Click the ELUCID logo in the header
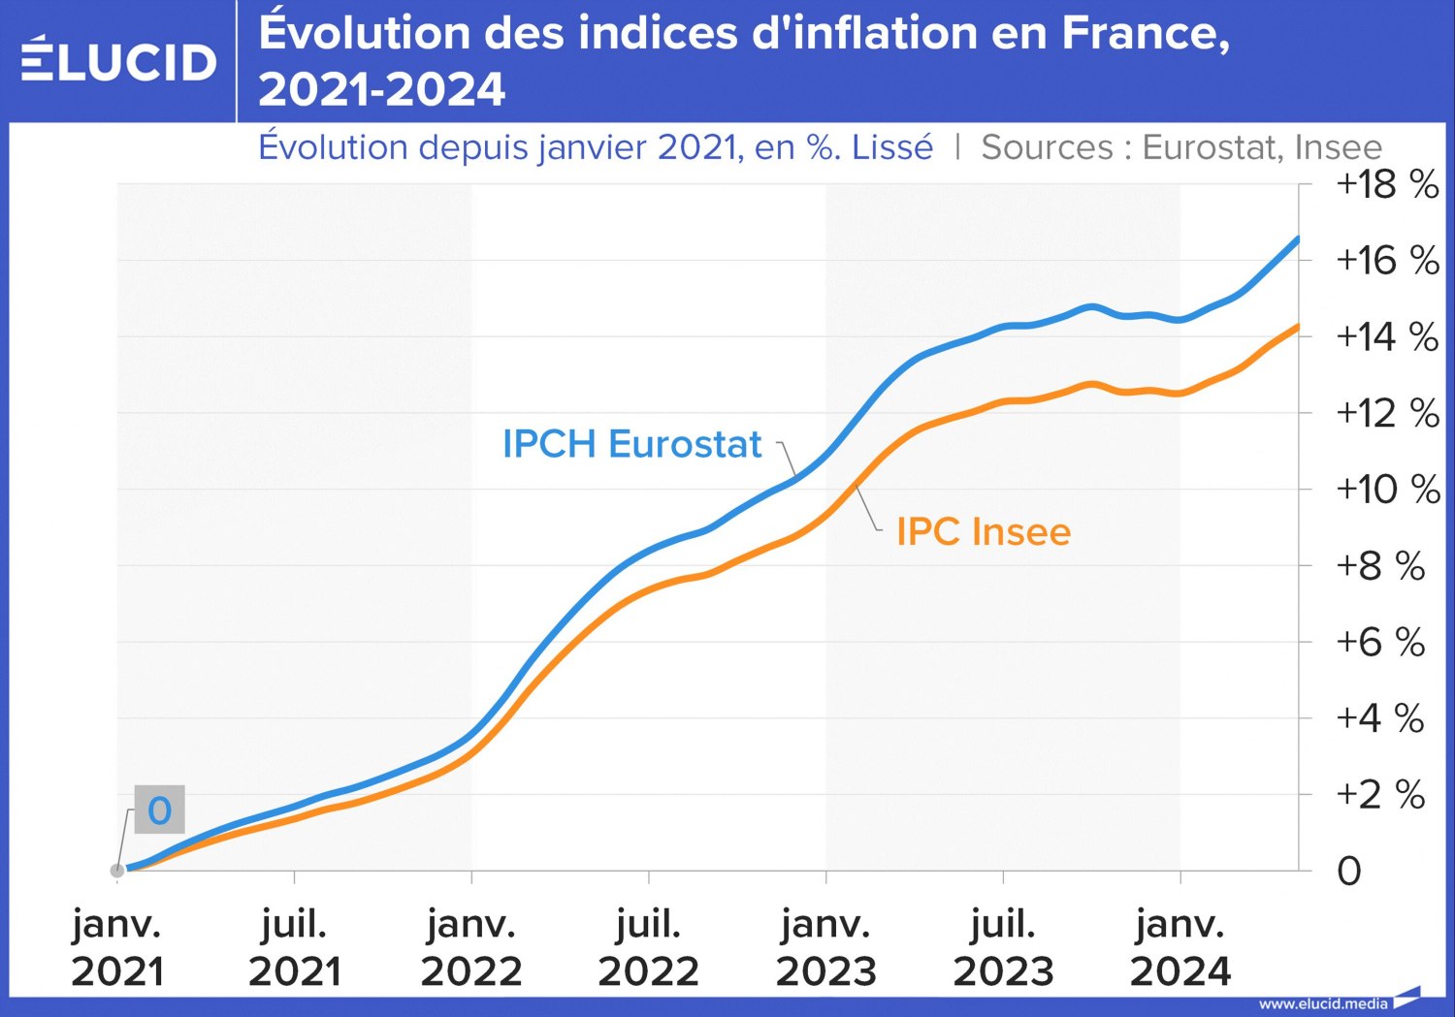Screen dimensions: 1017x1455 tap(118, 61)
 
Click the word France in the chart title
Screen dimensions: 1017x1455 tap(1145, 33)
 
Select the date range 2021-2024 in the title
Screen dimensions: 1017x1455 tap(381, 90)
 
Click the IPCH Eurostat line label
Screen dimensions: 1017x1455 tap(631, 444)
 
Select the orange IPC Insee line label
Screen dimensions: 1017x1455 tap(983, 532)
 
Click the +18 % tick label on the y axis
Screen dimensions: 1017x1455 tap(1386, 184)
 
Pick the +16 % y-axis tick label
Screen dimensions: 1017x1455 tap(1386, 260)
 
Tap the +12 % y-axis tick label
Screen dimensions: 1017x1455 tap(1386, 413)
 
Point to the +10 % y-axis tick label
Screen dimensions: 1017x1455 tap(1386, 490)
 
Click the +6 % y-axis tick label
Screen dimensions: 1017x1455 tap(1379, 642)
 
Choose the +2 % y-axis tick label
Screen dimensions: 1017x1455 tap(1379, 795)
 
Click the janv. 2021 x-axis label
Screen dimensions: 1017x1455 tap(117, 947)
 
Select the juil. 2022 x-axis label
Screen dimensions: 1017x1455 tap(648, 947)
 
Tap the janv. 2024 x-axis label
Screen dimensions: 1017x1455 tap(1180, 947)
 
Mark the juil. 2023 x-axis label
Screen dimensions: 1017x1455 tap(1003, 947)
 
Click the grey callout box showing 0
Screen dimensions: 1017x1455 tap(159, 810)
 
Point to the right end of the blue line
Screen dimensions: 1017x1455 tap(1297, 238)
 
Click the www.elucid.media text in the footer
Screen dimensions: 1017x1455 tap(1323, 1003)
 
